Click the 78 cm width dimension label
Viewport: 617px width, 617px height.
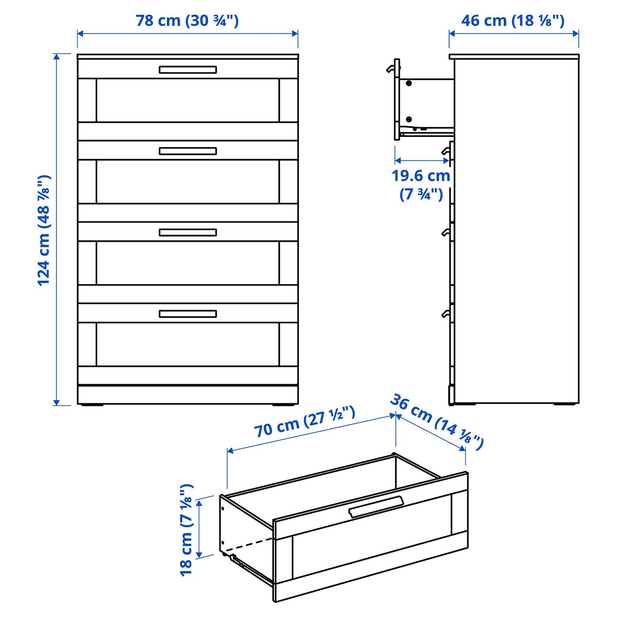pos(187,21)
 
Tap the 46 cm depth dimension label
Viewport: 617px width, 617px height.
pos(513,21)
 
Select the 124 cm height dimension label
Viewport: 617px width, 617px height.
pos(45,230)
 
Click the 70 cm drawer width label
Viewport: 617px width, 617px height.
pos(305,422)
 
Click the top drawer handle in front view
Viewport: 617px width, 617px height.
pos(188,70)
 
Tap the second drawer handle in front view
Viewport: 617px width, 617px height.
pos(188,151)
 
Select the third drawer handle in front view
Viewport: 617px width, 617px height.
pos(188,232)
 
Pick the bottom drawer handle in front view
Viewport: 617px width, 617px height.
pos(188,314)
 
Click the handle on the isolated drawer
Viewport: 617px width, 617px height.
pos(376,507)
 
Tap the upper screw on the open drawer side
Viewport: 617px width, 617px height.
pos(409,83)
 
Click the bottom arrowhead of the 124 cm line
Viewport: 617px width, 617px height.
pos(56,402)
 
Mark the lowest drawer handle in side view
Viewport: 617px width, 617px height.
pos(446,314)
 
